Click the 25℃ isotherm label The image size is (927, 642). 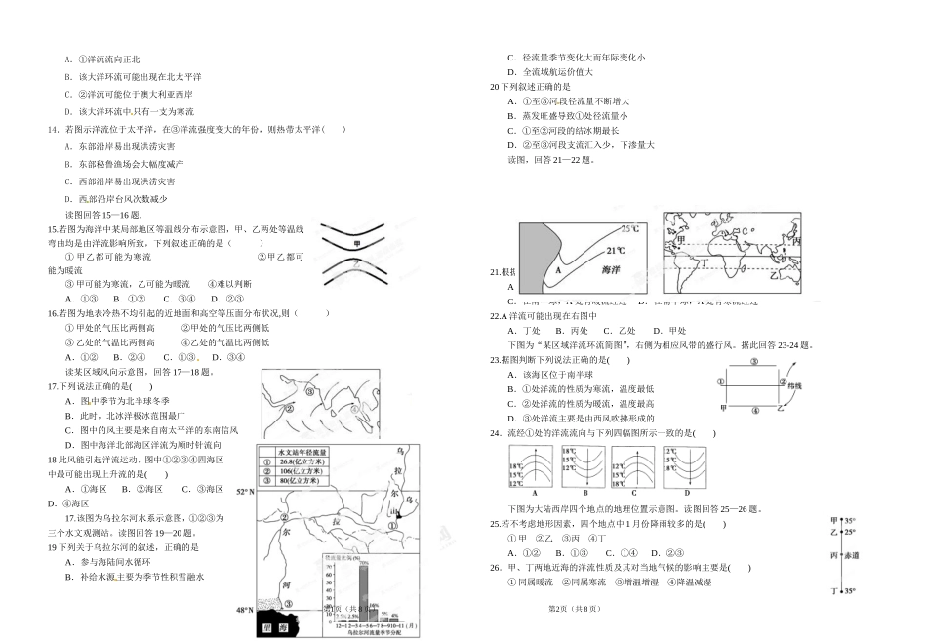point(629,229)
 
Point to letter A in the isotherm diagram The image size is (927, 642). point(559,270)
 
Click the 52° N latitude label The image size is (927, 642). point(245,493)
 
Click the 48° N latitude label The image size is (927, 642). point(244,611)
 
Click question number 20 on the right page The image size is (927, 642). point(494,86)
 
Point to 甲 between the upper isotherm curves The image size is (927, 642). point(356,244)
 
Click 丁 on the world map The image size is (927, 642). point(704,264)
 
